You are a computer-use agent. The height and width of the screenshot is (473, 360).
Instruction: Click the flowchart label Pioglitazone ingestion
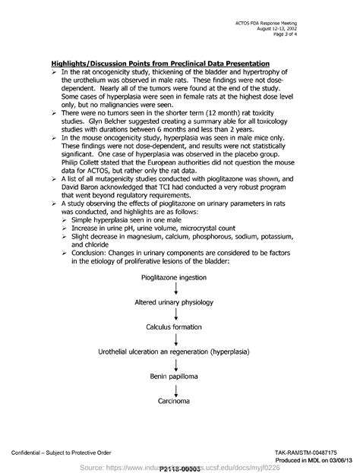[175, 278]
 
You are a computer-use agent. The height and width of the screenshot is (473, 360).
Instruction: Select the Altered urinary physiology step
[175, 302]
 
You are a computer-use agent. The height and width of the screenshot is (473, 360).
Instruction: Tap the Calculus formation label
[175, 326]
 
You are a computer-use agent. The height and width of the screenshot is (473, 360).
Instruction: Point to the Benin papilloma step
[175, 375]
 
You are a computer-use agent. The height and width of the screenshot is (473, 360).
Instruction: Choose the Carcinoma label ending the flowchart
[175, 399]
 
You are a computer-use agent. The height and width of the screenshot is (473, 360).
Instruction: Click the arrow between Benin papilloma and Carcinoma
[175, 387]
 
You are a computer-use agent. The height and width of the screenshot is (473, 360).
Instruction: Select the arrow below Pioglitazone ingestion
[175, 290]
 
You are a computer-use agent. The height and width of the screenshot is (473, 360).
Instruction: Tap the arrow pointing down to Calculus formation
[175, 314]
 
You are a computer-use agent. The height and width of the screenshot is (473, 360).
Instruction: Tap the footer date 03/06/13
[339, 460]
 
